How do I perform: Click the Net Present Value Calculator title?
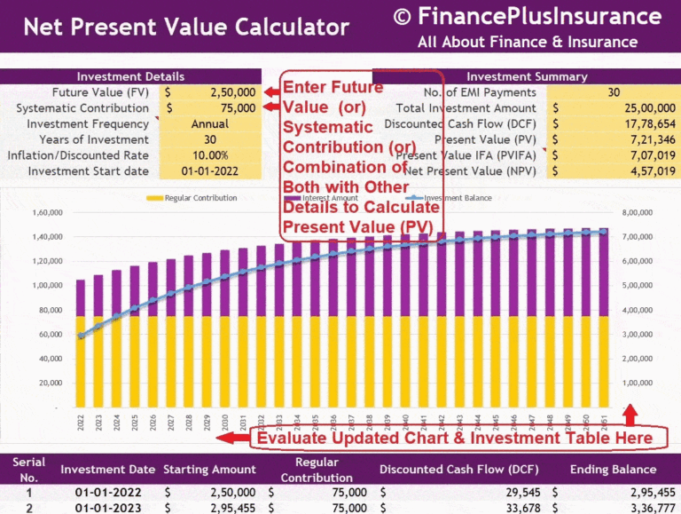tap(186, 27)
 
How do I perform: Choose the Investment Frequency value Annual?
tap(210, 124)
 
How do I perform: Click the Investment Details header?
tap(131, 77)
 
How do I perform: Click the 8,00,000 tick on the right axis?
tap(638, 213)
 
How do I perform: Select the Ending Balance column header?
tap(614, 470)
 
